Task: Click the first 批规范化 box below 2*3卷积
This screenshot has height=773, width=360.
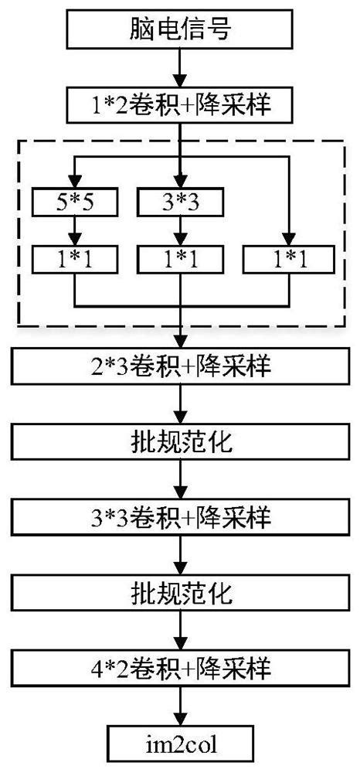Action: [x=179, y=441]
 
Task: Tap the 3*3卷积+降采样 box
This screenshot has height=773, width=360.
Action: [x=179, y=515]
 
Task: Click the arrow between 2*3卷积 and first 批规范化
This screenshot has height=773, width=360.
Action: [x=179, y=404]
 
